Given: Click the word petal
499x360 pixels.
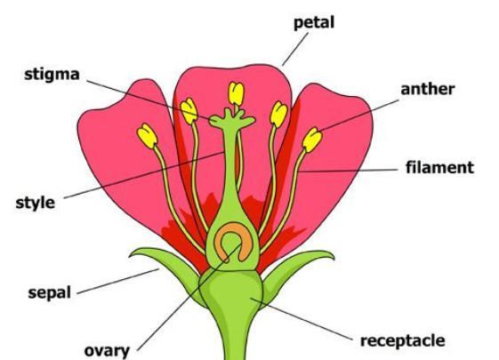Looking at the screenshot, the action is click(314, 23).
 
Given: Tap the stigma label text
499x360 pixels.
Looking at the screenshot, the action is click(52, 75).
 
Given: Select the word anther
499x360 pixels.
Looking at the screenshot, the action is click(427, 89).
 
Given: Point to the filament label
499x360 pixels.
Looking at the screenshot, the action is click(439, 167).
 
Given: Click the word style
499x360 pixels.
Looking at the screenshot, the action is click(36, 203).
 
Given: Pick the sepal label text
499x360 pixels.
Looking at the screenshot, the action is click(49, 292).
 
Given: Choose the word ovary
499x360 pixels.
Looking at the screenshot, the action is click(107, 351).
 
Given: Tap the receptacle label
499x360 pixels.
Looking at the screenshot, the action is click(403, 341).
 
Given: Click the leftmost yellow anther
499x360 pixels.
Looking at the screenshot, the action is click(147, 136).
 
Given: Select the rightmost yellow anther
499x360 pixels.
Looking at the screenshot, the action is click(312, 140).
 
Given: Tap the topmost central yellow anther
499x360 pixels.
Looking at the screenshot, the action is click(236, 93).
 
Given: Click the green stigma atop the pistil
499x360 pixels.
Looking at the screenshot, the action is click(232, 119).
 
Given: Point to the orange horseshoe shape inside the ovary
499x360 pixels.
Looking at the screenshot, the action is click(231, 241).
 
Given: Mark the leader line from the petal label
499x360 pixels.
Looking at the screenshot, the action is click(295, 49).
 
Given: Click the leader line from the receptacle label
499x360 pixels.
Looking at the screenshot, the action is click(302, 319).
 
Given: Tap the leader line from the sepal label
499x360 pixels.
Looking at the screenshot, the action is click(118, 281).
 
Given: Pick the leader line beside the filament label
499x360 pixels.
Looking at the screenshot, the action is click(348, 171).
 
